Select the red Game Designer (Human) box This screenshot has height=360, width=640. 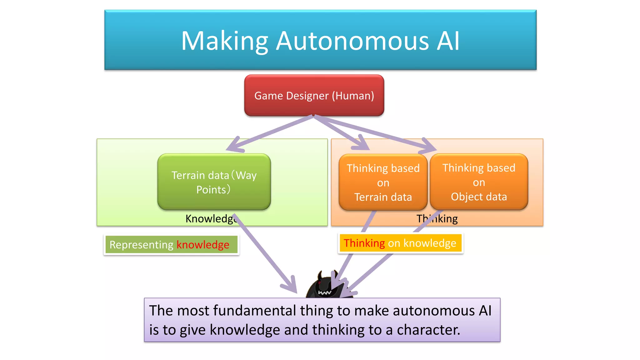(x=314, y=96)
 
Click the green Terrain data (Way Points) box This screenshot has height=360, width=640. (x=214, y=182)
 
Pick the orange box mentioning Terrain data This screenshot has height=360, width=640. (x=383, y=182)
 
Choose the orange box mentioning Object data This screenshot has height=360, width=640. (x=479, y=182)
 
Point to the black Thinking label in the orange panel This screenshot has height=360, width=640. (x=437, y=219)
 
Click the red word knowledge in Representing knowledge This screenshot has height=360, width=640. (x=203, y=245)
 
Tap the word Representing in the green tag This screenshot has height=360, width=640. (x=141, y=245)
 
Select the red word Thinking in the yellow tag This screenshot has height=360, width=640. (x=364, y=243)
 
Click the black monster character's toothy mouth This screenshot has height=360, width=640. (x=324, y=293)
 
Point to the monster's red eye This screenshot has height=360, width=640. (x=319, y=283)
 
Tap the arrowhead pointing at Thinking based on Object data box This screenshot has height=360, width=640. (x=430, y=146)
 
